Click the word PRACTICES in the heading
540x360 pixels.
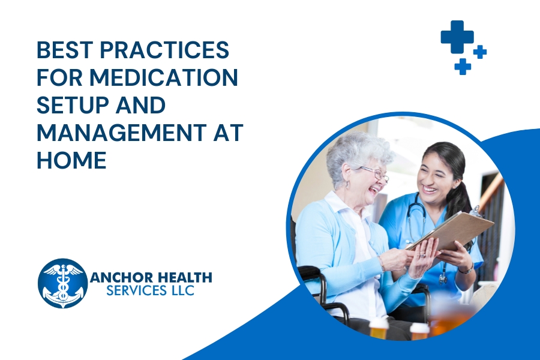pos(164,50)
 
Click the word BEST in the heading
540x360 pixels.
pos(65,50)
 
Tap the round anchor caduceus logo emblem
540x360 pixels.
pos(62,284)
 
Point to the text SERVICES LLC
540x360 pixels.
pos(151,290)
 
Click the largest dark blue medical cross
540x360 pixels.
pos(457,37)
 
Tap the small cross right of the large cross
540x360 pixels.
pos(480,52)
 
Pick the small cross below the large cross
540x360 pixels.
pos(463,66)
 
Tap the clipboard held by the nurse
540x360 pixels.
pos(451,231)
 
